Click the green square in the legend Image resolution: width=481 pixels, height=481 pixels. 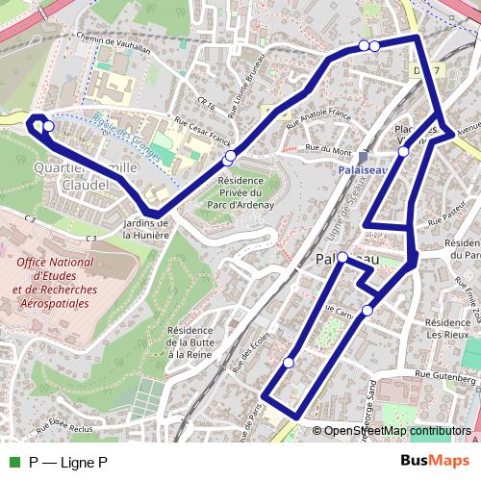[13, 462]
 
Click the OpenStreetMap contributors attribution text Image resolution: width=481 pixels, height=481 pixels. [397, 431]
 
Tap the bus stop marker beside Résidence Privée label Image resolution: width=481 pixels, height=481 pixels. [229, 157]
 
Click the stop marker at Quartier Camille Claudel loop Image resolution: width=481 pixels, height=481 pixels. [48, 126]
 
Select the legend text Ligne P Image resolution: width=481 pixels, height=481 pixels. [67, 462]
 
